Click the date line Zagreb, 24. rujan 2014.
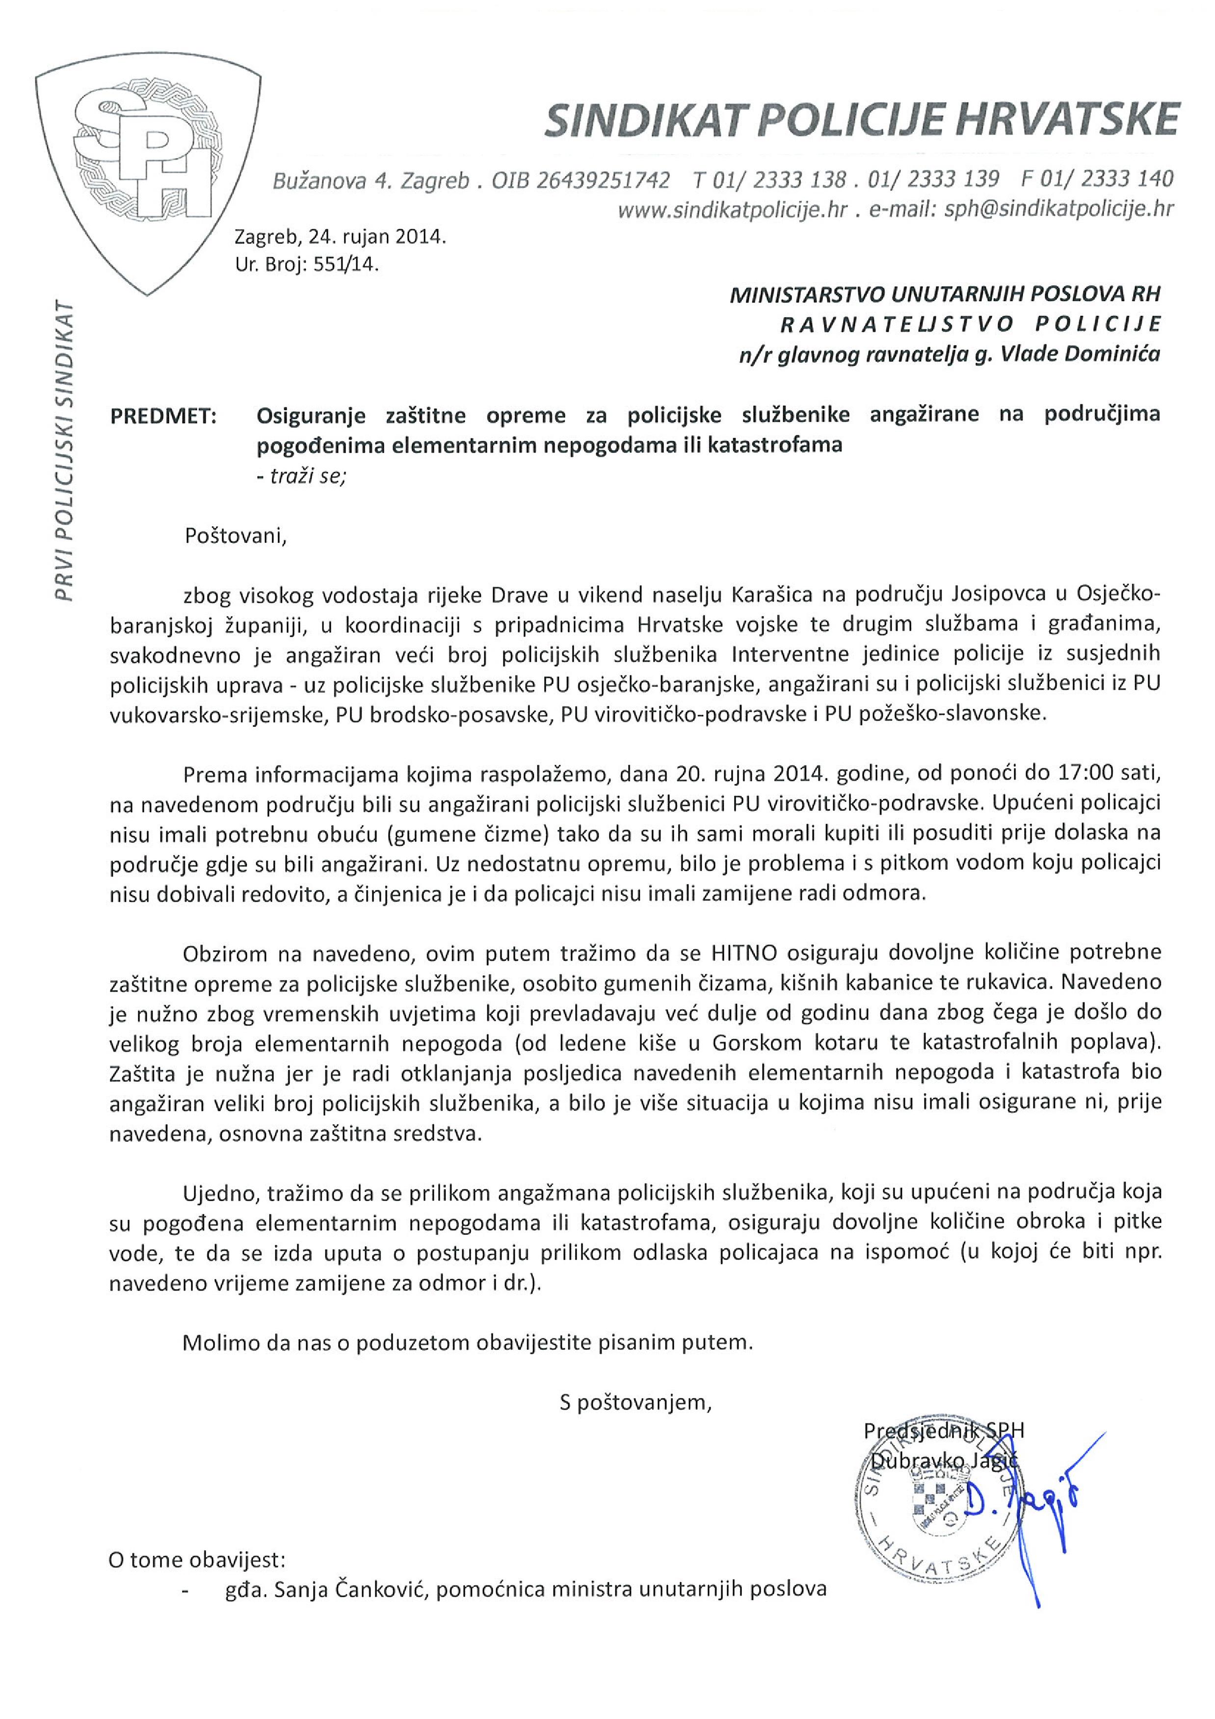click(x=341, y=238)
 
